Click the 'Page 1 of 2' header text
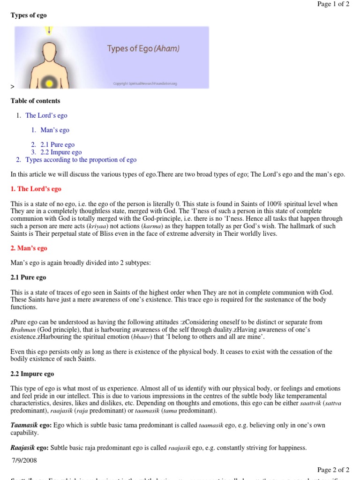point(333,4)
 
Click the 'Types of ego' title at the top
point(29,15)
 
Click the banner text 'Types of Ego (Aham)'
point(143,48)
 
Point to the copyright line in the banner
point(145,84)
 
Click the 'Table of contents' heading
point(35,101)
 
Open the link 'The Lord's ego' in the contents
point(46,115)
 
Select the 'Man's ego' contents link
point(55,130)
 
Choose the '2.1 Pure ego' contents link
point(57,145)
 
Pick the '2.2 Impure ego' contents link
point(61,152)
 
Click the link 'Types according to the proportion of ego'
point(81,160)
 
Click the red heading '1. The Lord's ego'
point(36,189)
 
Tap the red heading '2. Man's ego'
point(29,248)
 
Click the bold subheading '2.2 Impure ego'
point(32,374)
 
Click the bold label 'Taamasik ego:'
point(31,425)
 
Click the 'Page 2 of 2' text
point(333,470)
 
